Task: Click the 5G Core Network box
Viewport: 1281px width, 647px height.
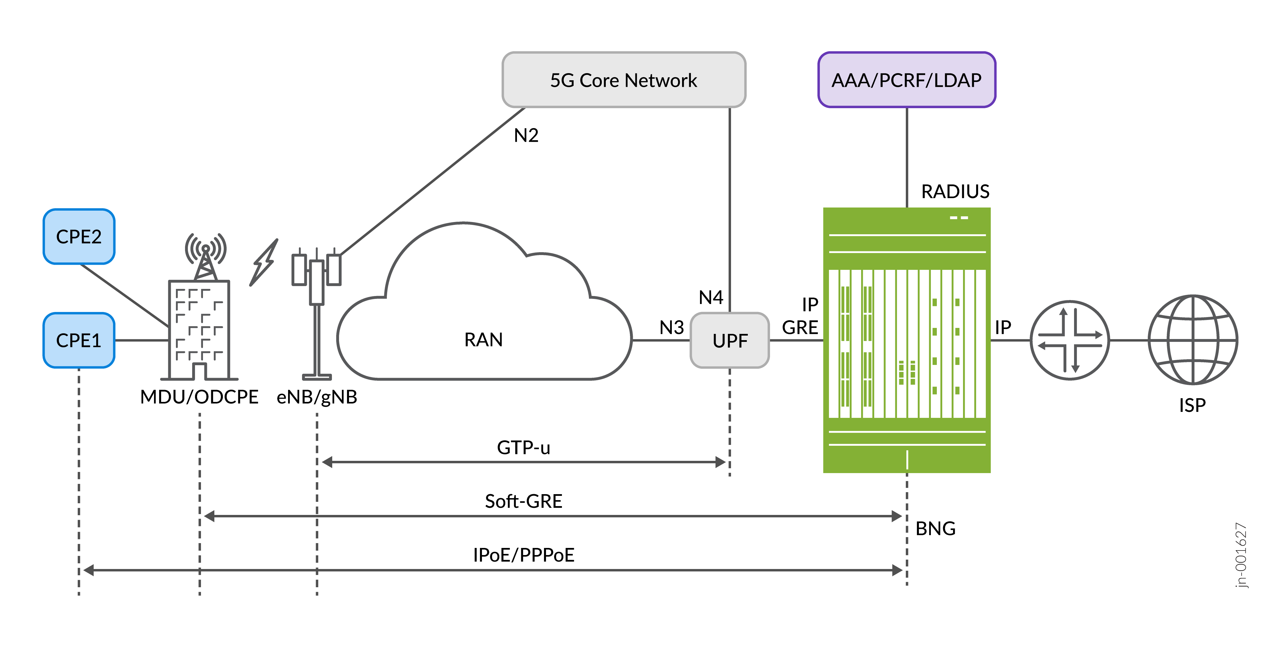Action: [624, 80]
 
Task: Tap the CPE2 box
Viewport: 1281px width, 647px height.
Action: [79, 237]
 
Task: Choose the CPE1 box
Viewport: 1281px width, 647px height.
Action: [79, 341]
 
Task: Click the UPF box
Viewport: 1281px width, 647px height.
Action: [730, 341]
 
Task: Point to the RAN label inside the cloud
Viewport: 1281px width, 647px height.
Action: [483, 340]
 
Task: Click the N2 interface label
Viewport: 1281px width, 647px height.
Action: [525, 135]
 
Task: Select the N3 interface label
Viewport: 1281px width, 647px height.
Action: [671, 327]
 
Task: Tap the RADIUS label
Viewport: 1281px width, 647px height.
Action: [955, 192]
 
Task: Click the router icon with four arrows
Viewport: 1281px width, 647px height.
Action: [1070, 341]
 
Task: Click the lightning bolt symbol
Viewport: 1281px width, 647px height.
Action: [264, 262]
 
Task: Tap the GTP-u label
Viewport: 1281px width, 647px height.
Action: [523, 447]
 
